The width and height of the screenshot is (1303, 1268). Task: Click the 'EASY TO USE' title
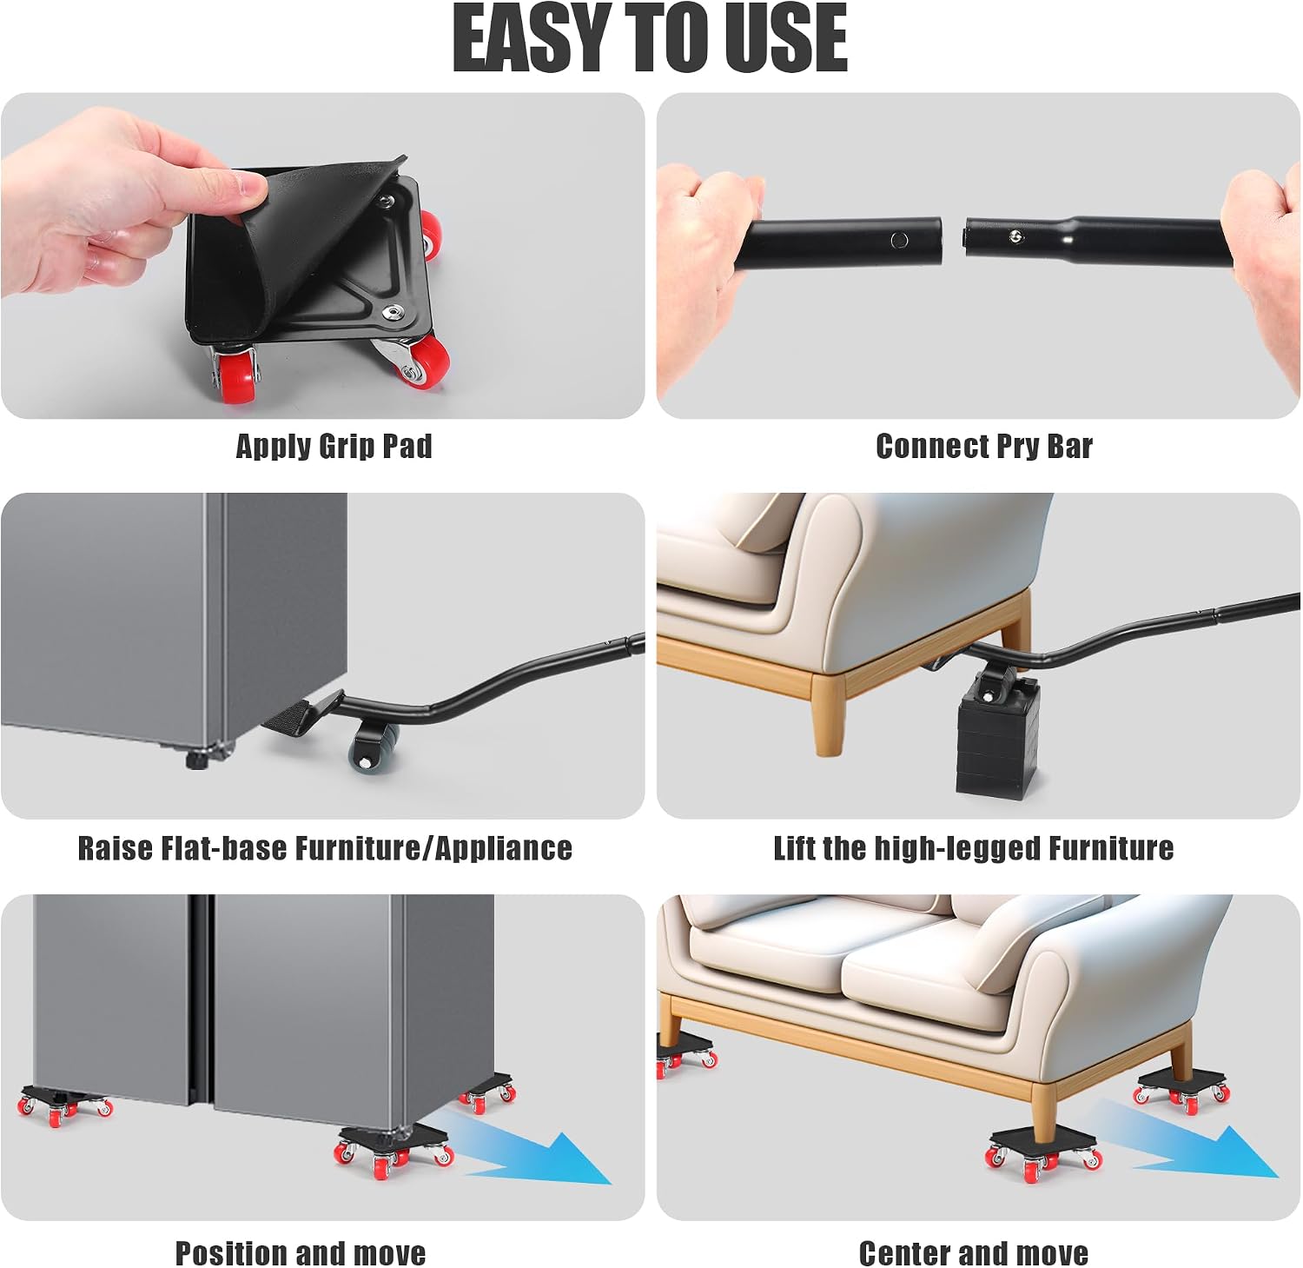click(x=650, y=39)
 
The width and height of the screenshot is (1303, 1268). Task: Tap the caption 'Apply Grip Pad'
click(x=334, y=446)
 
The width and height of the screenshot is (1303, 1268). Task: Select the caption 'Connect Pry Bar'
click(x=983, y=446)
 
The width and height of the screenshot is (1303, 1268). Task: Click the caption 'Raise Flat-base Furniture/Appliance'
click(x=325, y=847)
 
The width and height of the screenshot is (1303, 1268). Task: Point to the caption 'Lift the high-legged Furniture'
click(x=973, y=847)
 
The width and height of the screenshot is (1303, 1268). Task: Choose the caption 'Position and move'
click(x=301, y=1252)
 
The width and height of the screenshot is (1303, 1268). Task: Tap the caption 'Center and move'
click(x=973, y=1252)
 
